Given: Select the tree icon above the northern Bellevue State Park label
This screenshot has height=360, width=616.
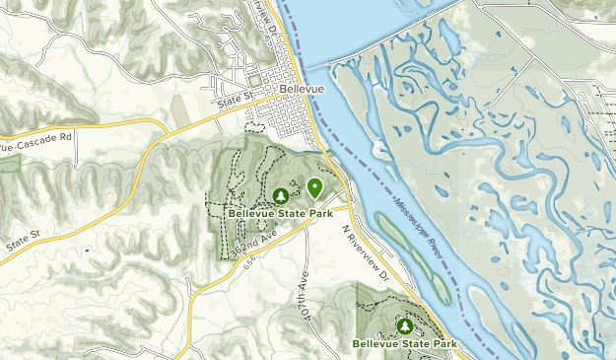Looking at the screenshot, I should coord(281,196).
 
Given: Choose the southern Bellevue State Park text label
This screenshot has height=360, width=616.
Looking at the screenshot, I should coord(404,343).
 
